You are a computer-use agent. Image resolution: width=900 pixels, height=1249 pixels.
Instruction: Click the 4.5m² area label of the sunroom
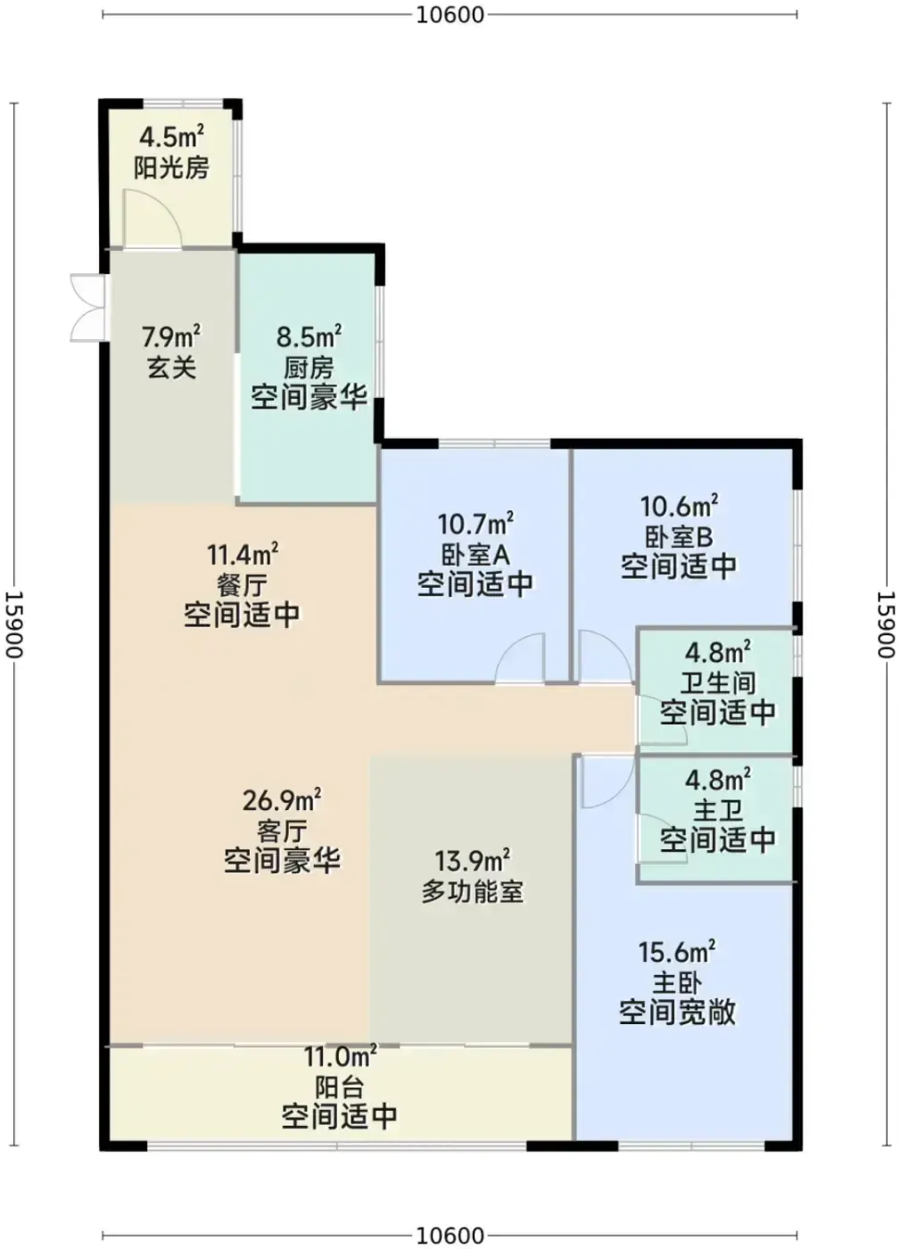171,136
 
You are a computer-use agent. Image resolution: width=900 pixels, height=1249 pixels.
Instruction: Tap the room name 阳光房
171,168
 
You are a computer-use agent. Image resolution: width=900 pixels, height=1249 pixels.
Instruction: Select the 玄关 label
171,368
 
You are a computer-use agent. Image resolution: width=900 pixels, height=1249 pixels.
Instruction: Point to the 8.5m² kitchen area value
309,337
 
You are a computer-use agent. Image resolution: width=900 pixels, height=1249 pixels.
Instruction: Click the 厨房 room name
309,368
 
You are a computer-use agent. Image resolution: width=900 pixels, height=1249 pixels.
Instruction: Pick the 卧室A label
475,554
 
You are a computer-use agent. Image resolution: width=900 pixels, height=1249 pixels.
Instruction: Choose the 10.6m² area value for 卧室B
679,507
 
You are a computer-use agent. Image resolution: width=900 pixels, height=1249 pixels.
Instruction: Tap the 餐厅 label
242,585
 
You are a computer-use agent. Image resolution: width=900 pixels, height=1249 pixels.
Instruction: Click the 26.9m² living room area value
281,801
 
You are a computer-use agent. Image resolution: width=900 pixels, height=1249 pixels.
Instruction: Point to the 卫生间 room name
718,682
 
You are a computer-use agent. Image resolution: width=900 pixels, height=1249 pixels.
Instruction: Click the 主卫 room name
717,811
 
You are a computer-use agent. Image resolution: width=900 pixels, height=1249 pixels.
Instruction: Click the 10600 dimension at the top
450,15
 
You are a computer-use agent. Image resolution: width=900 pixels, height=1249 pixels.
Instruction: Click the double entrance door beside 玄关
88,308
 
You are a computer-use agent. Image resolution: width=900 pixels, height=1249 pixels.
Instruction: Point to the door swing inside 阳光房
153,219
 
